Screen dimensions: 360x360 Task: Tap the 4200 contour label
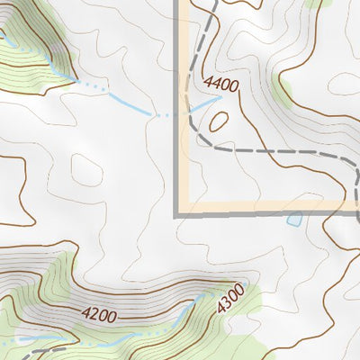pos(99,315)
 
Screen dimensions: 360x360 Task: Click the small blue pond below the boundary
pos(293,219)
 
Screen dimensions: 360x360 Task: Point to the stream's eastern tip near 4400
pos(220,98)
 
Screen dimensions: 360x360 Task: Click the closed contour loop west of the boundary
pos(86,168)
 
